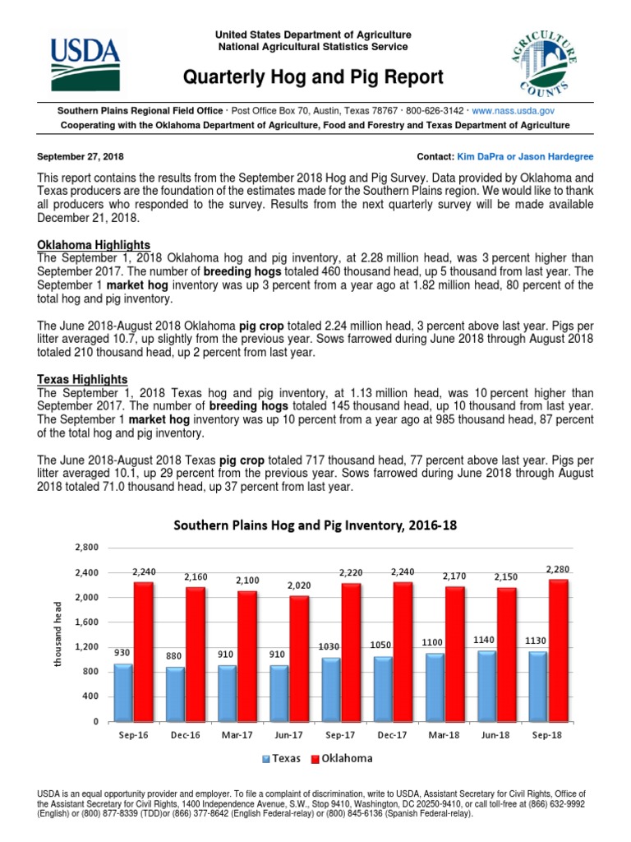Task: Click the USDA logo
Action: (85, 57)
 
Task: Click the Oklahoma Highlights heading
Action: (94, 245)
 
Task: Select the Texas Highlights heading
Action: (82, 379)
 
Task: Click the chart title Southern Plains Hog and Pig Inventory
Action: (313, 525)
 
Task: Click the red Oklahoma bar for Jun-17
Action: (299, 658)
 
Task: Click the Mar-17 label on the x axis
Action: (236, 734)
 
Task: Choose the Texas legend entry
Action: (283, 758)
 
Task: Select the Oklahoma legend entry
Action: (341, 758)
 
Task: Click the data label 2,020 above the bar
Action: (300, 585)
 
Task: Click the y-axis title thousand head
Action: (58, 632)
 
